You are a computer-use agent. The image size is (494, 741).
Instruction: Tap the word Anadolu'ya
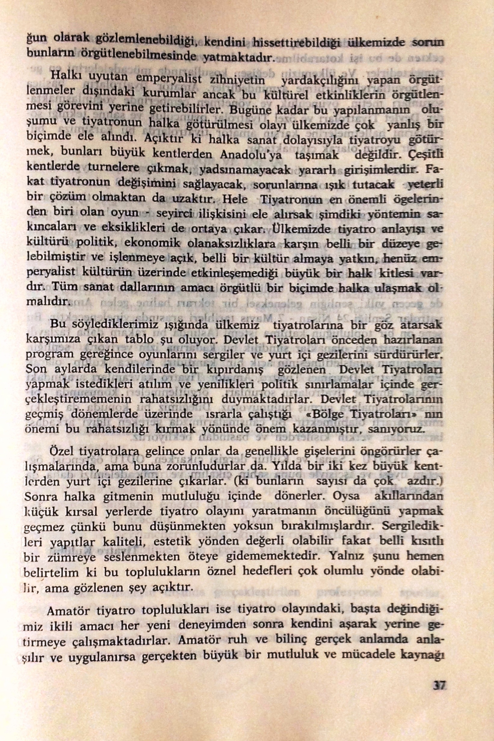pos(252,155)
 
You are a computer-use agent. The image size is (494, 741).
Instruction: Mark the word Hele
pos(234,200)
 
